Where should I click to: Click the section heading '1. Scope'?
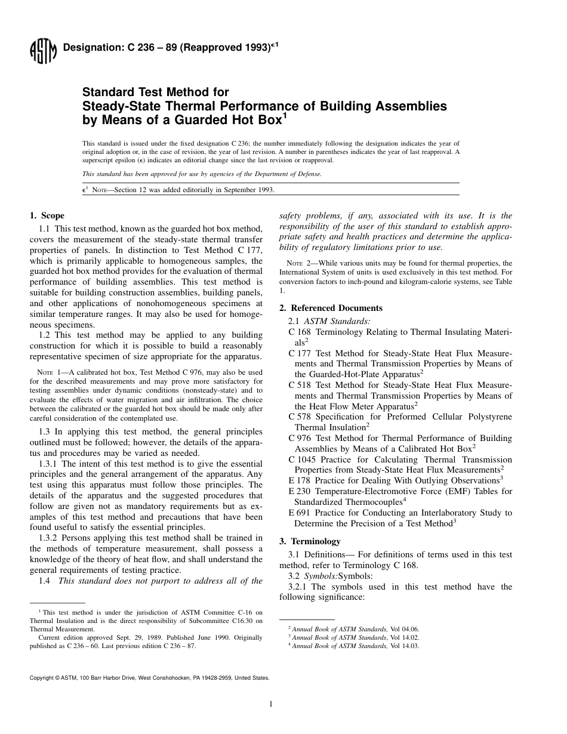[x=47, y=215]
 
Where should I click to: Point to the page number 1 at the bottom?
[x=271, y=704]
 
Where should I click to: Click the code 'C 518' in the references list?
[x=300, y=385]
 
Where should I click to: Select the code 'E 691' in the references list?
[x=300, y=513]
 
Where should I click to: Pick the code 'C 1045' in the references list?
[x=302, y=459]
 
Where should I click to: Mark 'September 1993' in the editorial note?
[x=248, y=190]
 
